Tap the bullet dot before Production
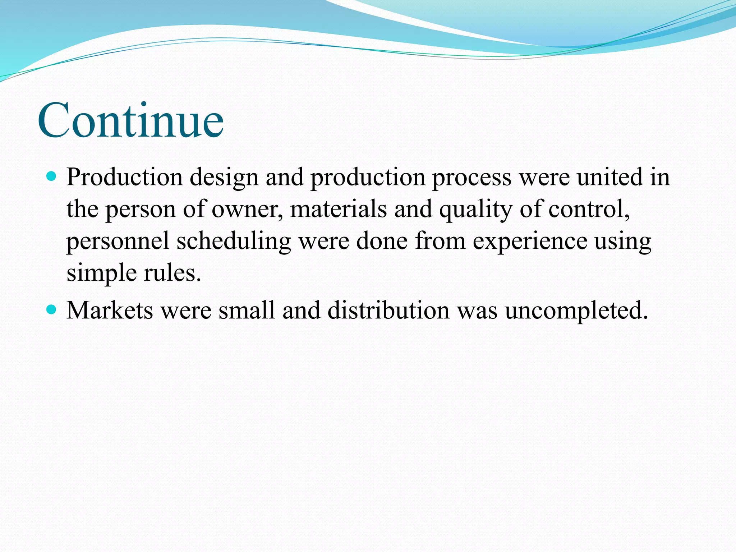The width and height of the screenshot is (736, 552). tap(52, 176)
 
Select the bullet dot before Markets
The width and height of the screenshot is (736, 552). tap(52, 309)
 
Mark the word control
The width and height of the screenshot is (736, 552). tap(589, 210)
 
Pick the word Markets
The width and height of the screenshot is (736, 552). tap(110, 309)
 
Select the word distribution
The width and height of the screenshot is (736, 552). tap(388, 309)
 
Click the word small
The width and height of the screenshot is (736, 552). tap(247, 309)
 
